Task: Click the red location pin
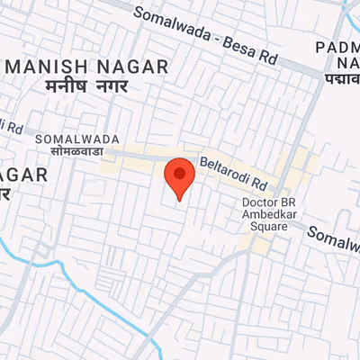click(x=180, y=176)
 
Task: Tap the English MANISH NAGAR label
click(x=86, y=67)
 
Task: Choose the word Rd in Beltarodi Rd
click(x=260, y=182)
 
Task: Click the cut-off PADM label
click(x=338, y=46)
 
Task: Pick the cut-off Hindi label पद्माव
click(x=340, y=79)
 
